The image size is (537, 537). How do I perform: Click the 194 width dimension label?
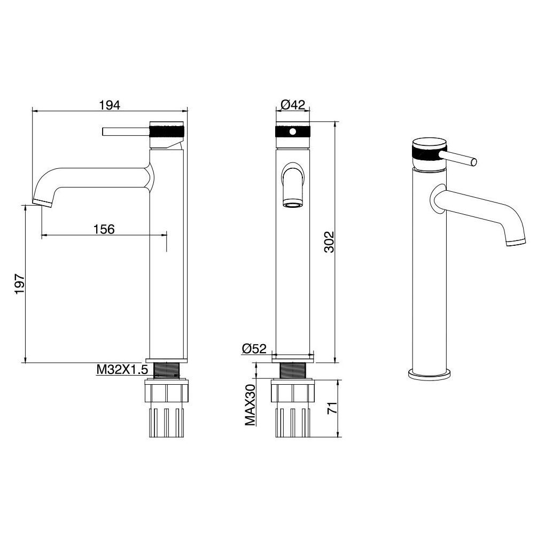110,105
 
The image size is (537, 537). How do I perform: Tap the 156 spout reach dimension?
104,229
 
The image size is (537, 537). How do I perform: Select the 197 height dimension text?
20,283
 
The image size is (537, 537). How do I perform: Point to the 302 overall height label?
329,242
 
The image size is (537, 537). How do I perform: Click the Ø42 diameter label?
293,104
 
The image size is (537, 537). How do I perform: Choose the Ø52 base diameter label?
254,348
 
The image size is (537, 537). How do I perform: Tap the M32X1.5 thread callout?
122,370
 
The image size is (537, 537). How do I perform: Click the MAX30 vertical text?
251,405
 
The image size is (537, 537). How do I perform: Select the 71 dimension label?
332,408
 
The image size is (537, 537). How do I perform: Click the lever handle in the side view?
126,131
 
